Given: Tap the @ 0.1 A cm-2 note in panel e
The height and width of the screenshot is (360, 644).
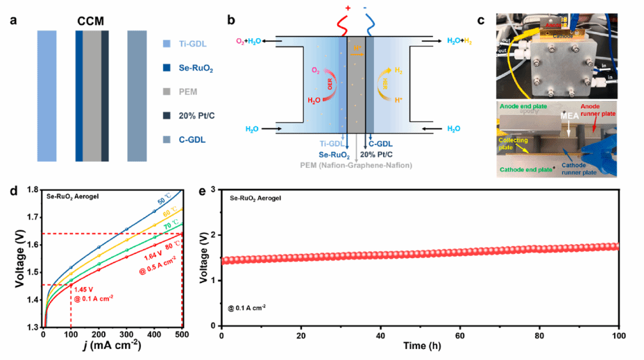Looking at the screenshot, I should pyautogui.click(x=248, y=307).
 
